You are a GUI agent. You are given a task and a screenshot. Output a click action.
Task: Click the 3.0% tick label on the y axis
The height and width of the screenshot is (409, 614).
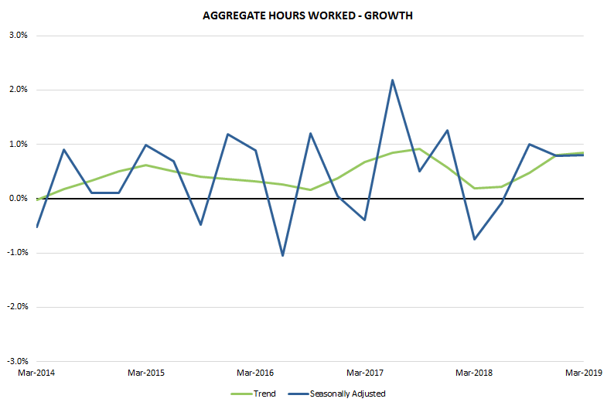[x=16, y=36]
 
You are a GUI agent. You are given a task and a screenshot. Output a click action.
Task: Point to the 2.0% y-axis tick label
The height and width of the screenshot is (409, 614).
[x=16, y=90]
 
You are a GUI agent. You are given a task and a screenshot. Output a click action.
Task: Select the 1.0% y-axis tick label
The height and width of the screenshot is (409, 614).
[x=16, y=144]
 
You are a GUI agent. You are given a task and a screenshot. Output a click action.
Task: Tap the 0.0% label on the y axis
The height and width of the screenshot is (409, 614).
[x=16, y=199]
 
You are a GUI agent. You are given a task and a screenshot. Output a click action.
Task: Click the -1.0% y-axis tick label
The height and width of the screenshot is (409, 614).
[x=15, y=253]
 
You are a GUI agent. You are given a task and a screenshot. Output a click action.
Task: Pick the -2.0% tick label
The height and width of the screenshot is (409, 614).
[x=15, y=307]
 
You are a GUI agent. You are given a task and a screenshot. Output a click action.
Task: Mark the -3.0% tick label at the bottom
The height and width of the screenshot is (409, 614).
[x=15, y=361]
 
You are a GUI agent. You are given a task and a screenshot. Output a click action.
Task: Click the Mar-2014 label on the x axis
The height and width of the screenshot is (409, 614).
[x=36, y=373]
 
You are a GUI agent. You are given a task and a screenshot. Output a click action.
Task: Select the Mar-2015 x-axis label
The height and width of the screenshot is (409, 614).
[x=145, y=373]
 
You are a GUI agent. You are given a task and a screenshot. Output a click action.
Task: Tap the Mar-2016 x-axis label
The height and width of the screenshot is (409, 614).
[x=255, y=373]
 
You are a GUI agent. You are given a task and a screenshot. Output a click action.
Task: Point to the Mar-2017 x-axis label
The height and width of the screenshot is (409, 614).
[x=364, y=373]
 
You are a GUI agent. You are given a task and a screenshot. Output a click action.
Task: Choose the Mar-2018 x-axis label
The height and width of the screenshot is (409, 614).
[x=474, y=373]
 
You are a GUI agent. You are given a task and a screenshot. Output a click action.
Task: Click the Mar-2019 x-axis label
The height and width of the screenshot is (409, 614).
[x=583, y=373]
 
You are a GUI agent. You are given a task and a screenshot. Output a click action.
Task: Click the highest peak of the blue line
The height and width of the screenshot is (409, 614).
[x=392, y=80]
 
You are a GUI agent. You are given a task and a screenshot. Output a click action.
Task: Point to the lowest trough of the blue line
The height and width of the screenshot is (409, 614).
[x=282, y=255]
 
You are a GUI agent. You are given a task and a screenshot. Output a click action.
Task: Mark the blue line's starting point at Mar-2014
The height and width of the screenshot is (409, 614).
[x=36, y=227]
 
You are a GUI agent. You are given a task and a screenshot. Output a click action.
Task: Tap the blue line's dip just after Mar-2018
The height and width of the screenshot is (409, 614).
[x=474, y=239]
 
